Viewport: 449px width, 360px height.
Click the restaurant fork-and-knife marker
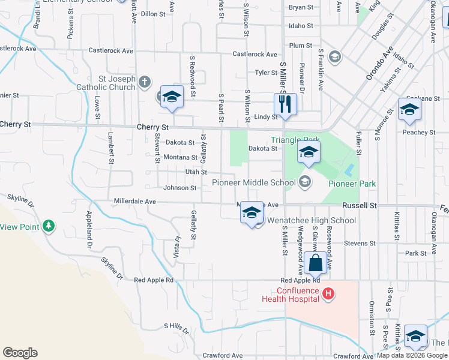point(286,104)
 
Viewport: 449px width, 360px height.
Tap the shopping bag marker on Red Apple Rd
point(315,263)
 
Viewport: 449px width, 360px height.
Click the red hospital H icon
point(328,293)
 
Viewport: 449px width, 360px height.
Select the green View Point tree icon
point(49,226)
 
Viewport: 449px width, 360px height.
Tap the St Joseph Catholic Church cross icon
point(145,82)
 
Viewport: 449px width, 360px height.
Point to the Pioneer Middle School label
point(254,182)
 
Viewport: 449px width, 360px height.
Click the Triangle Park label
point(295,140)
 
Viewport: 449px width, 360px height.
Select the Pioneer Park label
point(352,183)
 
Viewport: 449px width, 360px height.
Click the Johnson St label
point(180,188)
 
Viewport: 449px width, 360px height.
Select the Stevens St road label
point(360,244)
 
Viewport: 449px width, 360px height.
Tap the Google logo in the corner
point(20,353)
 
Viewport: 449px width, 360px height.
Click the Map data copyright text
point(412,355)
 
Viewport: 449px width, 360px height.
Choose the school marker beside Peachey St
point(409,110)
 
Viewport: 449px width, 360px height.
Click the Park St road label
point(415,253)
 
